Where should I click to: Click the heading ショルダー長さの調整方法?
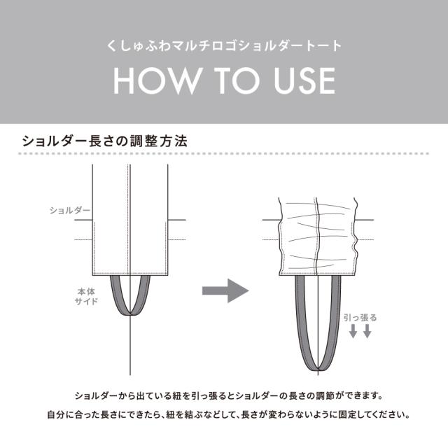(105, 140)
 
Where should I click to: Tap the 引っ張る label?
(361, 317)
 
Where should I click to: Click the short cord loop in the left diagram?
(130, 308)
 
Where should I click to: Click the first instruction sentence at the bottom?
(224, 395)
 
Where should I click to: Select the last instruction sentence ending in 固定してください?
(224, 414)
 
